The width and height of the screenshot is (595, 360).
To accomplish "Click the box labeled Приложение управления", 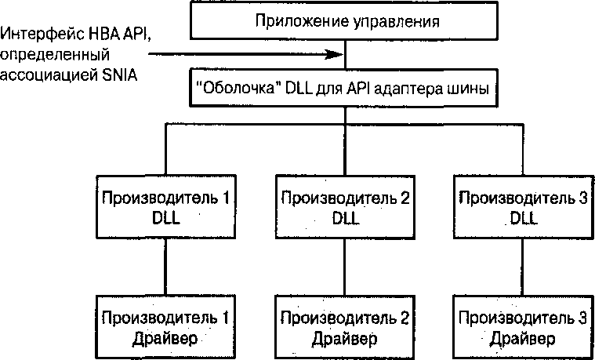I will (x=345, y=20).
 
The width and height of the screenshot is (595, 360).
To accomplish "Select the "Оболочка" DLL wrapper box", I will (x=345, y=89).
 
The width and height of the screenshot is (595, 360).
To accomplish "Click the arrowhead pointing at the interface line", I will (x=339, y=55).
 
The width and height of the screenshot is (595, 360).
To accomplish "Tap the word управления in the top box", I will (x=387, y=20).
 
